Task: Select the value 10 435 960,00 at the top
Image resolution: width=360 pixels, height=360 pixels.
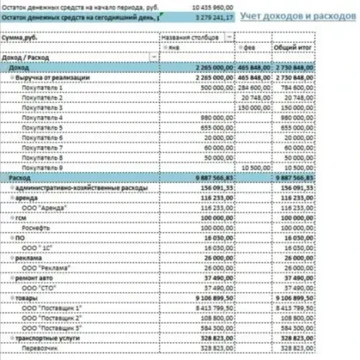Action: pos(213,6)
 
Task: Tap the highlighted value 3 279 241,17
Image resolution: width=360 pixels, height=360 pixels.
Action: pos(213,15)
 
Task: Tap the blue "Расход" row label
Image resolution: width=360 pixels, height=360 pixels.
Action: pos(19,177)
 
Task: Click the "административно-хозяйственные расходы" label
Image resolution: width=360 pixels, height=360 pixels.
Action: pos(79,186)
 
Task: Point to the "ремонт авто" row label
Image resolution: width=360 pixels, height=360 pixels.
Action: pos(39,276)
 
